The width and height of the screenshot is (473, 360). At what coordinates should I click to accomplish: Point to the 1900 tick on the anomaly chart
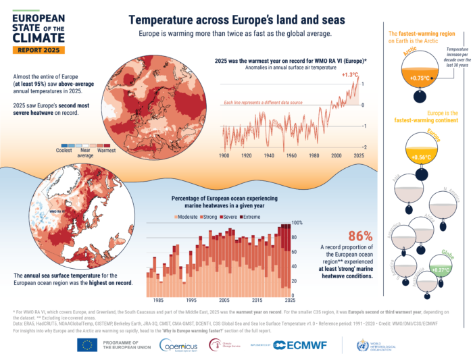(224, 155)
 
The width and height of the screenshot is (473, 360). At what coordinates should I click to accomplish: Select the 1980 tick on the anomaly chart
(314, 155)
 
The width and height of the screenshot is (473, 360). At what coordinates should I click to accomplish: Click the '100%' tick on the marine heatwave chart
(296, 222)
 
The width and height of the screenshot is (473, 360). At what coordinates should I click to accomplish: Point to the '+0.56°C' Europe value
(418, 158)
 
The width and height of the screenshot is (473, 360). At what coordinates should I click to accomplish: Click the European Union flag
(86, 344)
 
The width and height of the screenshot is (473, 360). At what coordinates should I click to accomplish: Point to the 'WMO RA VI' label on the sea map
(59, 210)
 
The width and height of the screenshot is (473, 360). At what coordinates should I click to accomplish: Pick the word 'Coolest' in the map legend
(64, 151)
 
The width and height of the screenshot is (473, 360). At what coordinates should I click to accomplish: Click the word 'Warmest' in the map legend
(107, 151)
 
